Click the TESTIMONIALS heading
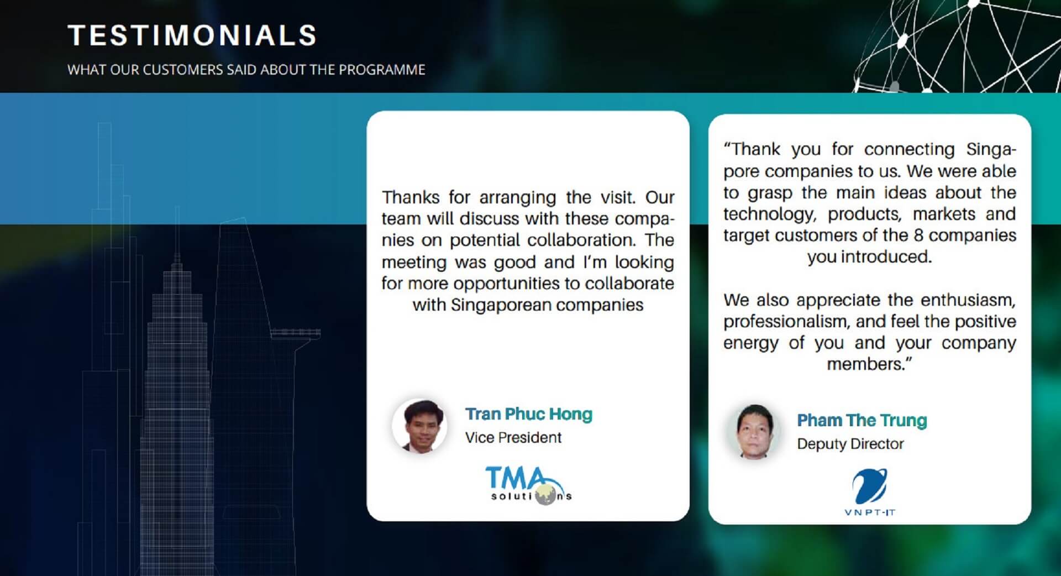(x=192, y=35)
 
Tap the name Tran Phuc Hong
(x=529, y=413)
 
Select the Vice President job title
(x=513, y=437)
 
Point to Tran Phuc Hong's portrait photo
(x=420, y=426)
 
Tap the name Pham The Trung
(x=862, y=420)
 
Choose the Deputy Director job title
(x=850, y=444)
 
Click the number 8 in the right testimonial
(x=918, y=235)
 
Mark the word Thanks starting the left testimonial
(x=411, y=197)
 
